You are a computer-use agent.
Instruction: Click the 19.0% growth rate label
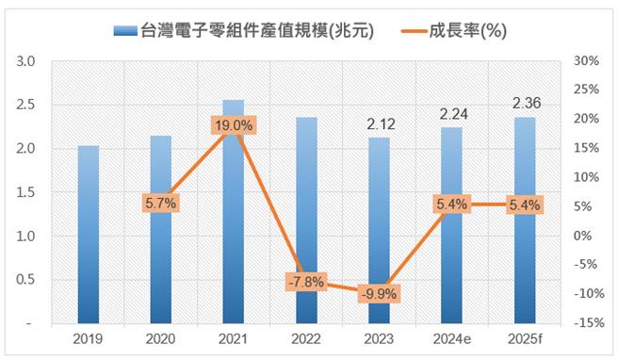233,124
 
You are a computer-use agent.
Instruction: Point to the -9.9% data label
379,293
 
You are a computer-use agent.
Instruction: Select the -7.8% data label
306,281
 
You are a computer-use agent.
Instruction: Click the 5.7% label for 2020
160,203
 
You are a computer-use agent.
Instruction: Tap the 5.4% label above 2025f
524,204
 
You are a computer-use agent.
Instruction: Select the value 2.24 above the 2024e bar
451,113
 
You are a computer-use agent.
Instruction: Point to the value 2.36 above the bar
524,102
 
